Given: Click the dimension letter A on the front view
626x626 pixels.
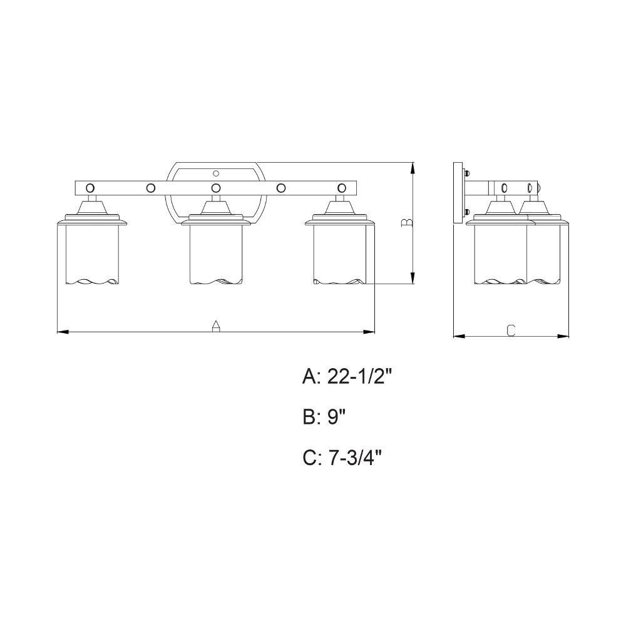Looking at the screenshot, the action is [x=216, y=326].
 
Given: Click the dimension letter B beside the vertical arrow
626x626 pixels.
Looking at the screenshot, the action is [x=407, y=223].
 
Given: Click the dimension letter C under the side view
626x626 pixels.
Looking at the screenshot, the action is [x=511, y=330].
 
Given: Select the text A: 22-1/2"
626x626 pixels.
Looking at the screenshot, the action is [x=347, y=376].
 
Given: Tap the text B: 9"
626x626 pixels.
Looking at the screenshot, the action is [x=324, y=418].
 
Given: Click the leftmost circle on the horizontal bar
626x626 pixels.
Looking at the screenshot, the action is [x=91, y=188].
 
